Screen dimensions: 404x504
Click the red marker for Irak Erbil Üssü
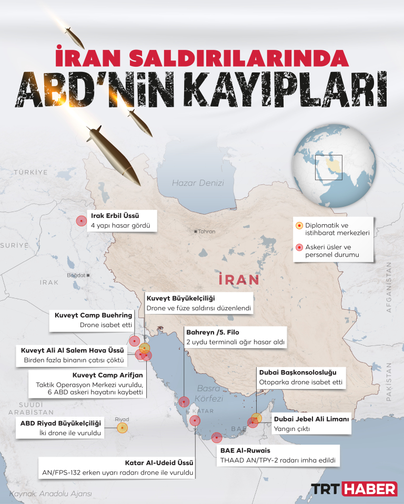(81, 221)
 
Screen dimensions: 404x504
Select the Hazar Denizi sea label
(198, 183)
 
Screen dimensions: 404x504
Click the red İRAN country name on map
(238, 279)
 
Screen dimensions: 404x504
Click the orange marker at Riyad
(122, 428)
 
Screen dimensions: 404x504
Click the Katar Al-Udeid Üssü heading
(159, 463)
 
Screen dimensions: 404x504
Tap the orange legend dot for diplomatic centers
(299, 226)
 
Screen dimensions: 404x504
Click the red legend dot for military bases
(299, 247)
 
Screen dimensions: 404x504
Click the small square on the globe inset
(329, 167)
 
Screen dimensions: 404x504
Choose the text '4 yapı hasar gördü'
(121, 226)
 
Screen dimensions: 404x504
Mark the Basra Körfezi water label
(209, 393)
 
